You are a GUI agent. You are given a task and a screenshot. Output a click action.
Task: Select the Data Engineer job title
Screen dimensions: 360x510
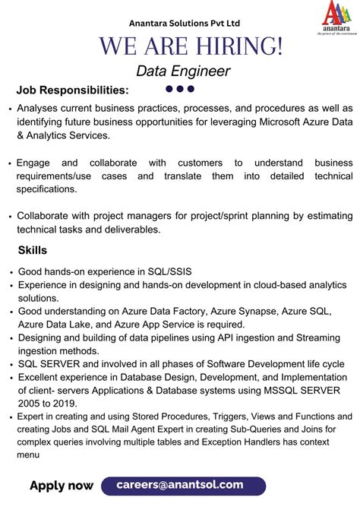183,71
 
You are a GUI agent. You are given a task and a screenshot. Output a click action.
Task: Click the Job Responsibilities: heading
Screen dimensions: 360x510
73,90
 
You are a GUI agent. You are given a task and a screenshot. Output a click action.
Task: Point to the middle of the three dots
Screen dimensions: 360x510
180,89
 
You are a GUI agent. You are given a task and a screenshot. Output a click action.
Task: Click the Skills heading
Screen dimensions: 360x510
33,250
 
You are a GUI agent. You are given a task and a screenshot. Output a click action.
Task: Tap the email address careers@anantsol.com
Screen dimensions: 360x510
180,484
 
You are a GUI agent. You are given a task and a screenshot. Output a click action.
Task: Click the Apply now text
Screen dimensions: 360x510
62,486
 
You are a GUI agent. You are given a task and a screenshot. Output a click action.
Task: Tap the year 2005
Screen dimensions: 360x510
30,404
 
